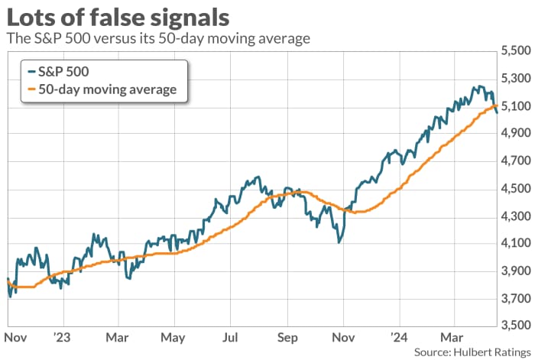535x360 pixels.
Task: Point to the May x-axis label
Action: (173, 337)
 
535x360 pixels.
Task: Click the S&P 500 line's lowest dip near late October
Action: (337, 243)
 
